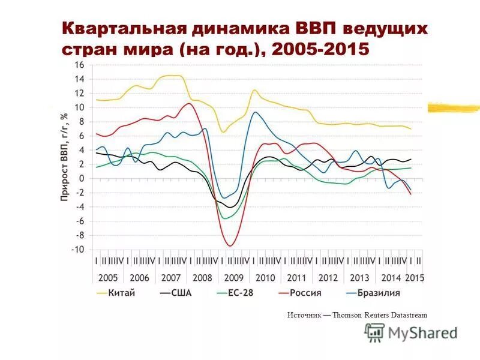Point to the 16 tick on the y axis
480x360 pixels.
[79, 65]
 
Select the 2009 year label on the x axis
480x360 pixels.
[234, 278]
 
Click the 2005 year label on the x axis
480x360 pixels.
[108, 278]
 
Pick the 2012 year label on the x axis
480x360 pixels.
[328, 278]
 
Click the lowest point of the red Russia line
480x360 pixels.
[230, 245]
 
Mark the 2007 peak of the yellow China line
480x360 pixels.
[172, 76]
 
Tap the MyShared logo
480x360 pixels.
[411, 332]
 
